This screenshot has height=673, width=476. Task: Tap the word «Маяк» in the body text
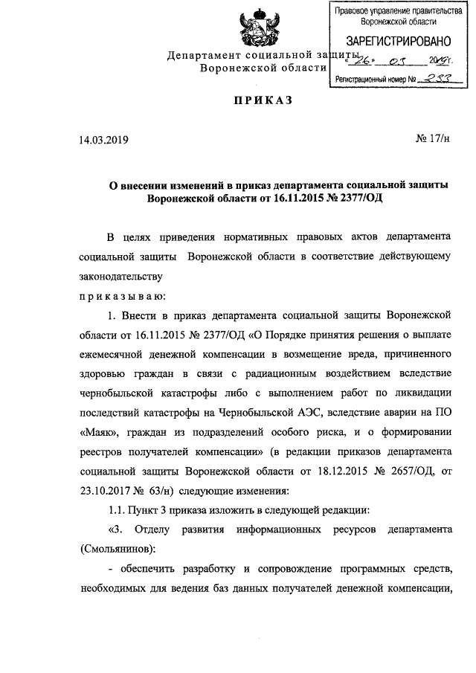click(x=97, y=431)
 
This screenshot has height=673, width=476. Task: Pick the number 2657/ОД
click(x=405, y=471)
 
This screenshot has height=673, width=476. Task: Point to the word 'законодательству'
click(x=120, y=276)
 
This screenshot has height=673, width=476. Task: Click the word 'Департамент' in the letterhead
click(x=202, y=57)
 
